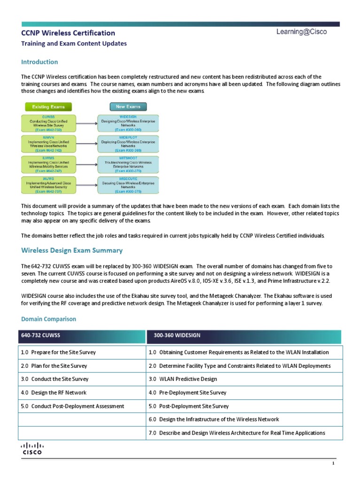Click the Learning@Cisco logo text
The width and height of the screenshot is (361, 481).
click(301, 32)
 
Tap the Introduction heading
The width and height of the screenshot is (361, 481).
click(39, 62)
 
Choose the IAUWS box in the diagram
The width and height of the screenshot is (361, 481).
click(46, 184)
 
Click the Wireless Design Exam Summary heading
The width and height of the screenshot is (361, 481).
click(72, 250)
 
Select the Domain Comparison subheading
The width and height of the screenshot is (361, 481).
click(48, 319)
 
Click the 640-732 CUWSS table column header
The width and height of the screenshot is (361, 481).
click(82, 336)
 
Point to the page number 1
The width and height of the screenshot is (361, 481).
click(333, 464)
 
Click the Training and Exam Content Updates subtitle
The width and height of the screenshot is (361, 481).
click(74, 44)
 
